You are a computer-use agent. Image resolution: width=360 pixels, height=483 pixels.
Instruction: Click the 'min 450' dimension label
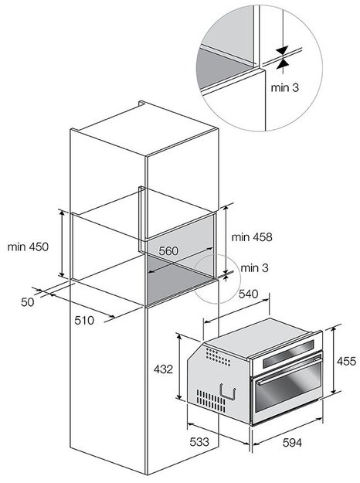(28, 247)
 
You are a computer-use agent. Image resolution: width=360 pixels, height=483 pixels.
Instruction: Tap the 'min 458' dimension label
(252, 237)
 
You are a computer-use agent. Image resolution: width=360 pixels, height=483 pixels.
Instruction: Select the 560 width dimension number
(168, 251)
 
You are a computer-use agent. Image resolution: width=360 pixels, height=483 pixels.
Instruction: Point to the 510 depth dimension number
(84, 321)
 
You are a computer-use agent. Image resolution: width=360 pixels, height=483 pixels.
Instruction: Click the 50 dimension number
(27, 302)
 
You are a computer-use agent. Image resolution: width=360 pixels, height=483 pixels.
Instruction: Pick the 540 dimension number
(248, 294)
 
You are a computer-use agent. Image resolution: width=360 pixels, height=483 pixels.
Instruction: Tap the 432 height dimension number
(163, 369)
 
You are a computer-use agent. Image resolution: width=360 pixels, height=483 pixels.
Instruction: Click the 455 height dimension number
(346, 361)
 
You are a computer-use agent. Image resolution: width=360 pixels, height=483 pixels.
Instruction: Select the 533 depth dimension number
(199, 442)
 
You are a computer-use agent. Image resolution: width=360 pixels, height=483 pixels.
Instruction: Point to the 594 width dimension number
(292, 443)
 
